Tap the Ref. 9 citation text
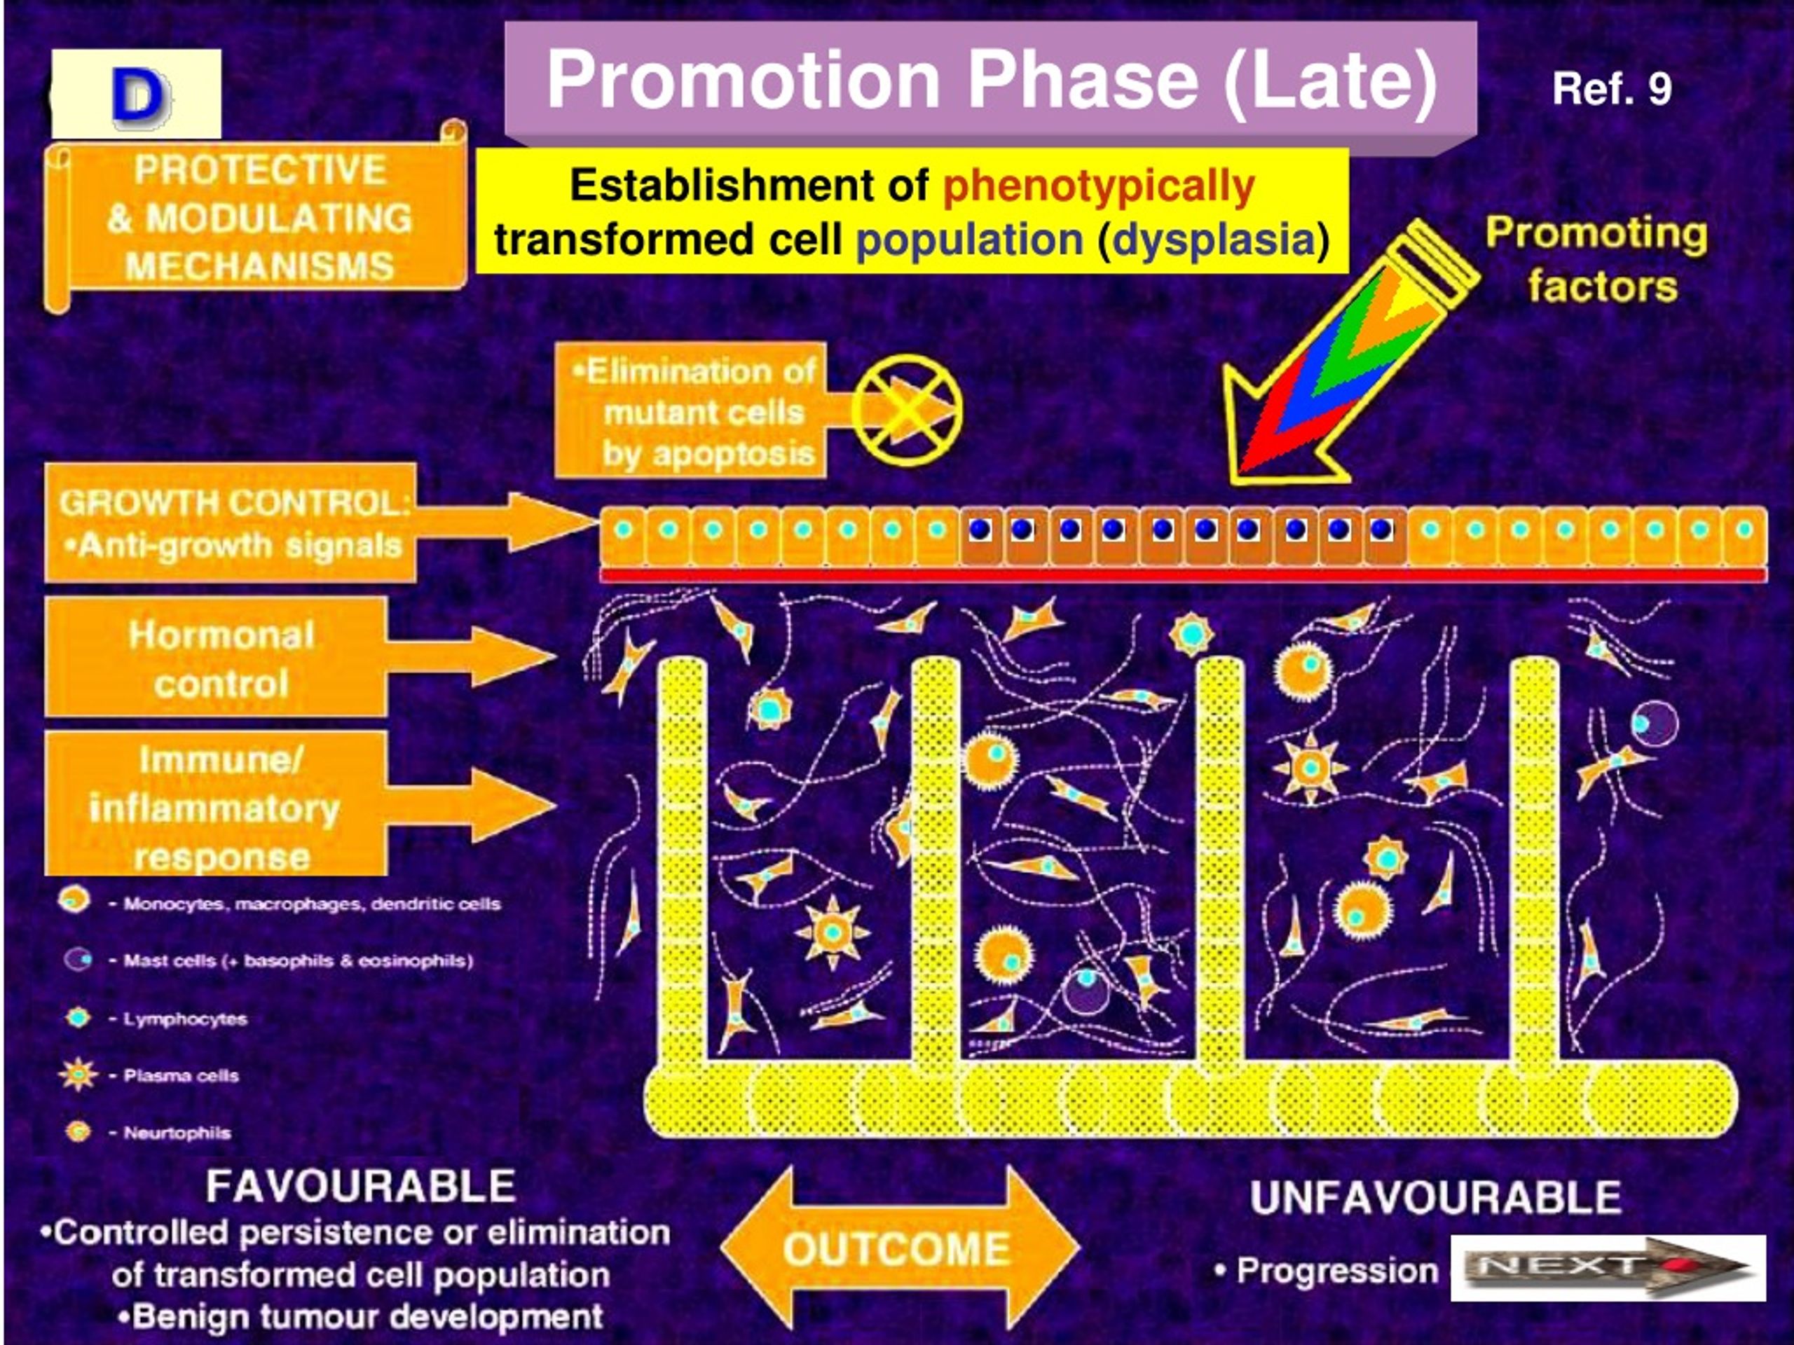[1612, 88]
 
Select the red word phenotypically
[1098, 186]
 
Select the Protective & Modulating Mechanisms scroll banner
[256, 216]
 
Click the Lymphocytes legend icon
[78, 1017]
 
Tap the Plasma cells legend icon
[78, 1075]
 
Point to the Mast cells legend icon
[78, 960]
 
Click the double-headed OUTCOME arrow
[899, 1248]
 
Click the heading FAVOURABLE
[361, 1186]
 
